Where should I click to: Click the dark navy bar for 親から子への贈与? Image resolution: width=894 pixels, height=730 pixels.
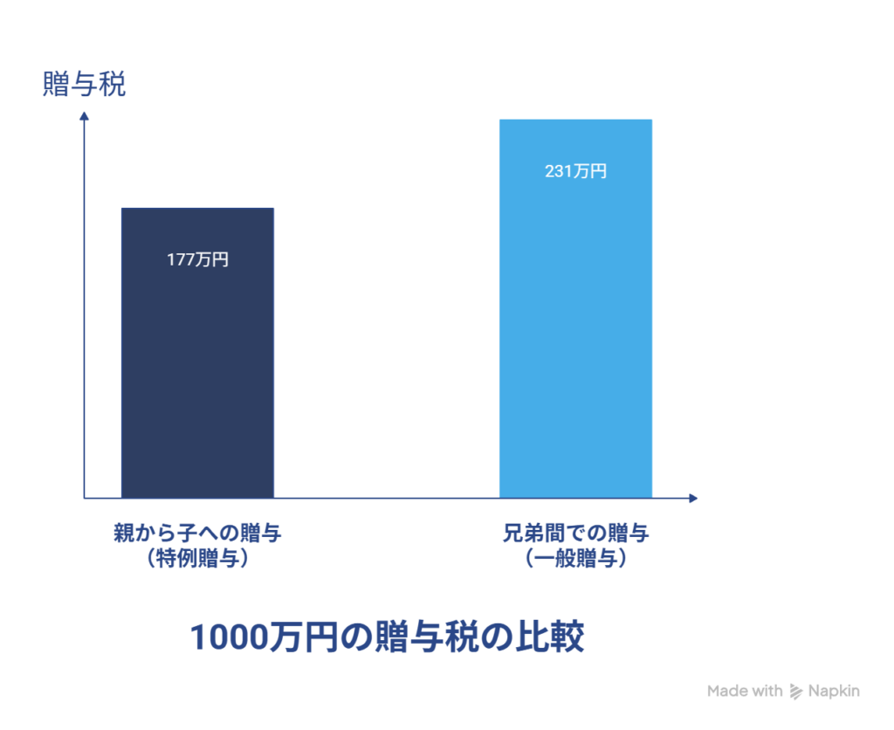(197, 367)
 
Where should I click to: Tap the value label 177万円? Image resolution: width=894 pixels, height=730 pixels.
(197, 259)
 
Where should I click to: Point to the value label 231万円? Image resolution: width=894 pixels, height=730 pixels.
(575, 171)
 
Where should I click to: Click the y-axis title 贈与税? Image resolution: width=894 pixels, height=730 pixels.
(84, 86)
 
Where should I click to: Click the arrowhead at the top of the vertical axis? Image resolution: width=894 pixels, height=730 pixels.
(85, 116)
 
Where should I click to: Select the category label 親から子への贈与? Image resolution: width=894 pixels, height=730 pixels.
(197, 533)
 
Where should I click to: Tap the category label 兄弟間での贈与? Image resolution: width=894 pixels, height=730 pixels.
(576, 533)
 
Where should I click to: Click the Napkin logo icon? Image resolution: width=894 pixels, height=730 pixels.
(795, 692)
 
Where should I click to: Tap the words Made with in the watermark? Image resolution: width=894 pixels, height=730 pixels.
(745, 692)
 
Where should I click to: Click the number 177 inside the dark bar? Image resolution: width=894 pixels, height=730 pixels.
(182, 259)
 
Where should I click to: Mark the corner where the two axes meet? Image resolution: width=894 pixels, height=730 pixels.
(85, 499)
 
